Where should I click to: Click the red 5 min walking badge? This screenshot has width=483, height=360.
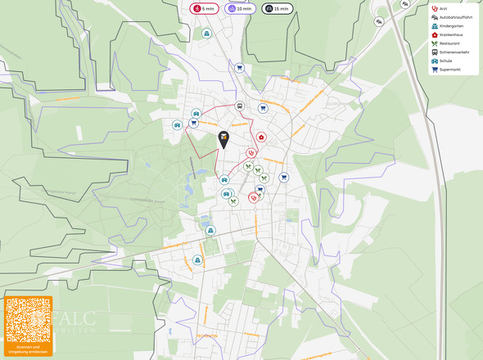point(204,8)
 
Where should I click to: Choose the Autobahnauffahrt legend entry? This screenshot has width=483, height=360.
point(454,17)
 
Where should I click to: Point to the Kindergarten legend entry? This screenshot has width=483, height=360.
point(450,26)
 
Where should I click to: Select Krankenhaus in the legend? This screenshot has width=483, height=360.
point(451,35)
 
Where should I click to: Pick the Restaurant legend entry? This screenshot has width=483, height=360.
point(449,43)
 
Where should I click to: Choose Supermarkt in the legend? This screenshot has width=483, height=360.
point(449,70)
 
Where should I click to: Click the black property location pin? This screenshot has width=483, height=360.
point(223,140)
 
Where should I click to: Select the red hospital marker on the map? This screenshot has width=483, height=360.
point(261,137)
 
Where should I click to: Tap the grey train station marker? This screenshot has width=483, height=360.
point(240,106)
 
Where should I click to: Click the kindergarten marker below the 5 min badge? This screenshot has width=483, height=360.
point(207,34)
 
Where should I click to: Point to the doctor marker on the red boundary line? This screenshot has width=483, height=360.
point(251,152)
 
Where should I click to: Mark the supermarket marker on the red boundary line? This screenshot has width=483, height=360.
point(194,124)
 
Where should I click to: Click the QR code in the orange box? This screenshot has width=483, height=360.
point(28,320)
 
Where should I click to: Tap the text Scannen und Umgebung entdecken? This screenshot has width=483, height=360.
point(28,349)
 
